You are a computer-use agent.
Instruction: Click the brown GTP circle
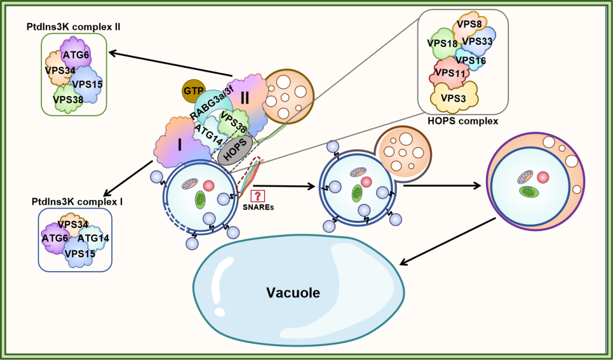[x=193, y=91]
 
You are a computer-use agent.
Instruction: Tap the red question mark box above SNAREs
[x=257, y=196]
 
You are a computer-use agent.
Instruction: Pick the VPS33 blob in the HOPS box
[x=477, y=41]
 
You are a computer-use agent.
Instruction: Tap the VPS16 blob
[x=470, y=60]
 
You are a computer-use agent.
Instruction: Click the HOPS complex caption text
[x=462, y=120]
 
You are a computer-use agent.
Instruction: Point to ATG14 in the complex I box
[x=93, y=238]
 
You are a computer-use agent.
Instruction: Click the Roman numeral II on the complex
[x=244, y=97]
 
